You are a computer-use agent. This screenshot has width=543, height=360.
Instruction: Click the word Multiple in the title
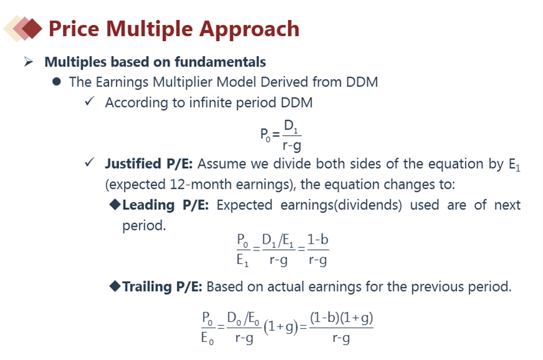click(149, 29)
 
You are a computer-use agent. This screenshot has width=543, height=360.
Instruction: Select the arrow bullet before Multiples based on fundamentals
click(29, 62)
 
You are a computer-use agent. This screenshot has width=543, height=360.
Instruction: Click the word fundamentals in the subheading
click(220, 62)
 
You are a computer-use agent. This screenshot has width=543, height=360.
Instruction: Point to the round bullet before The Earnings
click(57, 82)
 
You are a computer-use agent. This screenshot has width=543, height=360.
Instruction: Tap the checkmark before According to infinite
click(90, 101)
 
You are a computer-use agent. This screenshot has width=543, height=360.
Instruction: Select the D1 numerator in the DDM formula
click(291, 126)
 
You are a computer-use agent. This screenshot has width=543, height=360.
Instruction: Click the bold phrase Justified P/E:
click(149, 164)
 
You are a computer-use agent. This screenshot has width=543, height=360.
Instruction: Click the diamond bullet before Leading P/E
click(115, 204)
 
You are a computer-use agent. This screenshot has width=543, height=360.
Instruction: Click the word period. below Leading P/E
click(144, 226)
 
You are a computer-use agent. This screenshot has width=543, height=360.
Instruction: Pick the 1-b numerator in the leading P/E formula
click(318, 239)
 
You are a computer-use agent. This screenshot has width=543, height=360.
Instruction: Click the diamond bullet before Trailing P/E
click(115, 287)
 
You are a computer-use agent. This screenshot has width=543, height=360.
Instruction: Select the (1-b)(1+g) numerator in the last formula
click(341, 318)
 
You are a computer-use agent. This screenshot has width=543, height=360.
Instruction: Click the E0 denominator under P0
click(207, 338)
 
